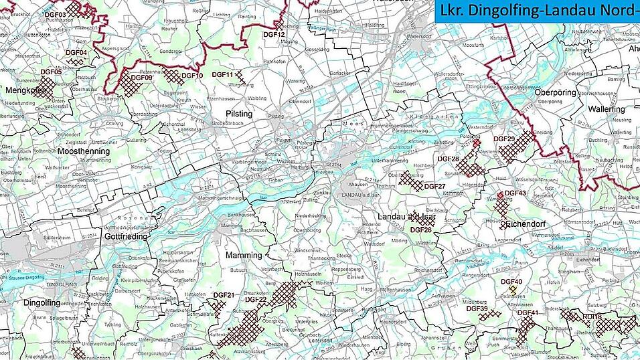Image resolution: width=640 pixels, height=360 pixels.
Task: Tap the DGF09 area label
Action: [x=142, y=78]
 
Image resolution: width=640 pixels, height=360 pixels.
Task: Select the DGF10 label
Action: [x=192, y=76]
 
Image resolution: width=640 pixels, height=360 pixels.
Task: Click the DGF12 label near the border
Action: [x=274, y=34]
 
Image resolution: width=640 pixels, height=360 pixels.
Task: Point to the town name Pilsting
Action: [x=239, y=114]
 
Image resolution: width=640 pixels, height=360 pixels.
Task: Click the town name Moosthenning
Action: [x=84, y=152]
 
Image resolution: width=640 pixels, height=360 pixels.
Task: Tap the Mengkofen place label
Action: [x=26, y=90]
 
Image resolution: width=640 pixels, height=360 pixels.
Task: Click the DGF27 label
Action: [x=434, y=186]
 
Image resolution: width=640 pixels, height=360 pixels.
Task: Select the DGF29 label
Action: [x=503, y=139]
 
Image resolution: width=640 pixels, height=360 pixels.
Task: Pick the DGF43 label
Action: [x=515, y=193]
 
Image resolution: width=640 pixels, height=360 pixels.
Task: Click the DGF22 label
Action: [x=256, y=300]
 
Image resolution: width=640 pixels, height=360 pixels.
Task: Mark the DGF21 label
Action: [x=224, y=295]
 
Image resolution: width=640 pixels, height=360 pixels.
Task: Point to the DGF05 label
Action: [x=51, y=72]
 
